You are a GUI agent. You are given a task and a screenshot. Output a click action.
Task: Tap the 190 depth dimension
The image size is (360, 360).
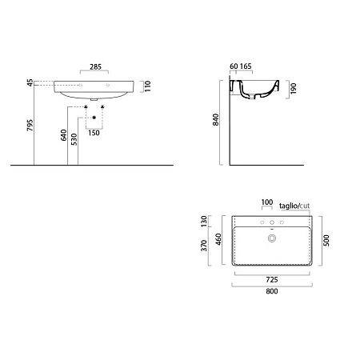[x=294, y=89]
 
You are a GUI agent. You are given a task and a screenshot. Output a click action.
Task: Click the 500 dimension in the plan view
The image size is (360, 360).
[x=326, y=240]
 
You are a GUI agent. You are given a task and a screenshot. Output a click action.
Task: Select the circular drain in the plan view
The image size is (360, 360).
[x=273, y=238]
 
